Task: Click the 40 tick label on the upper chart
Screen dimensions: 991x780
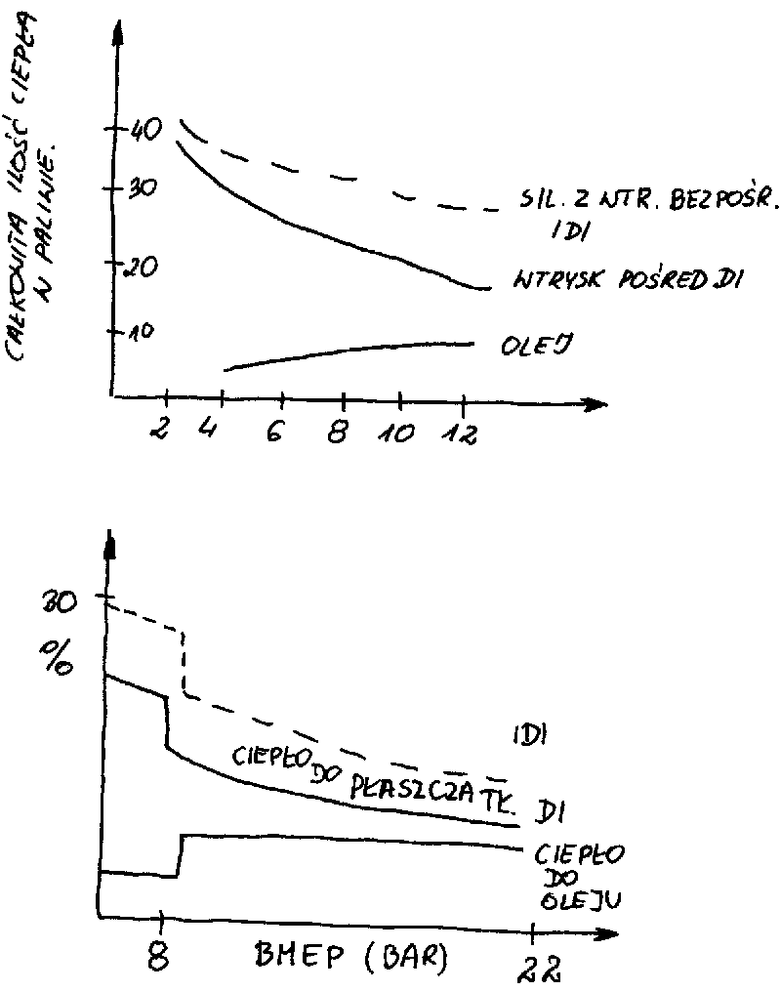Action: click(x=144, y=129)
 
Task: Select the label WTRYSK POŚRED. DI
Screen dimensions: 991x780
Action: click(x=628, y=282)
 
